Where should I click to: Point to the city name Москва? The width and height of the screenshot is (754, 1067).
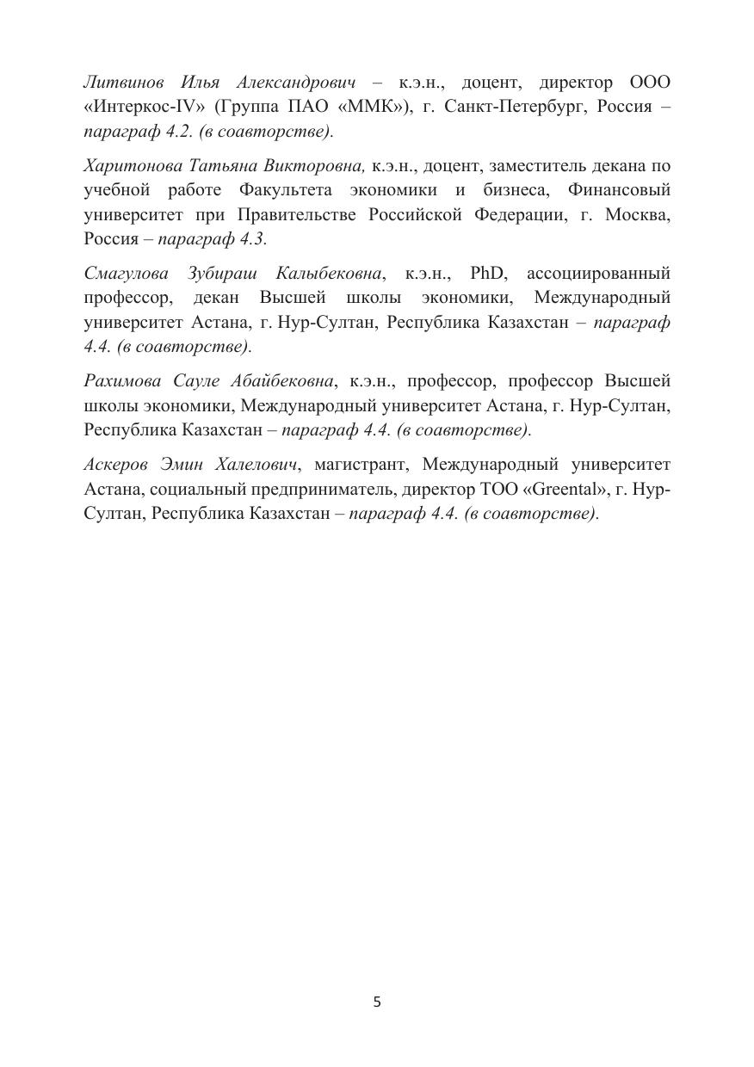[638, 214]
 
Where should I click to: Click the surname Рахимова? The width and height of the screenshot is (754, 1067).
[124, 381]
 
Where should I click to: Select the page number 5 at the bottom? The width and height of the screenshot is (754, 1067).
[377, 1002]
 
